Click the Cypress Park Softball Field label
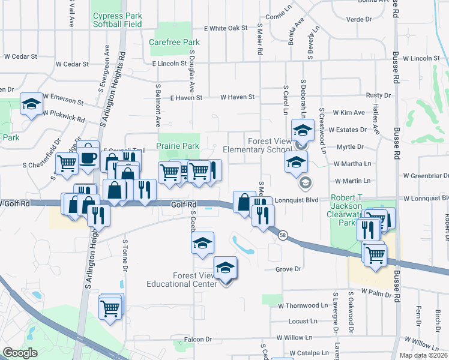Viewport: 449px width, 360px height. (x=117, y=20)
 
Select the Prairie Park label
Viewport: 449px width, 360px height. (x=178, y=146)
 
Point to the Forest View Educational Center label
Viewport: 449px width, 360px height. (x=182, y=280)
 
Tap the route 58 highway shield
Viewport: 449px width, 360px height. (x=282, y=235)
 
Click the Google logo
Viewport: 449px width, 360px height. (x=20, y=353)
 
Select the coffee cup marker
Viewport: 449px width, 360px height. (x=88, y=158)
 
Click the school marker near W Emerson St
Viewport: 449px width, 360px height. (x=32, y=104)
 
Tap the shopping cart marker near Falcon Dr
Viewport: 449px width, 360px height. (x=110, y=308)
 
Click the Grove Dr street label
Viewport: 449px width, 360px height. (x=288, y=269)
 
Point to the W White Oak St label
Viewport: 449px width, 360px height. (x=226, y=28)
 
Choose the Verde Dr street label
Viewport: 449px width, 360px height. (x=360, y=19)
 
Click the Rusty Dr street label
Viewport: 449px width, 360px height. (x=378, y=95)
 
